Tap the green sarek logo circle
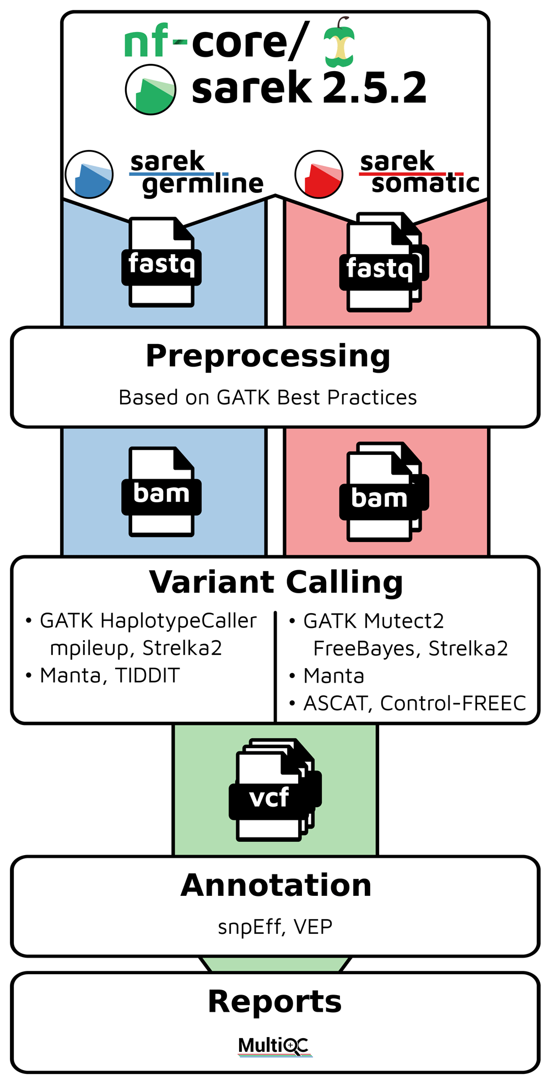tap(150, 89)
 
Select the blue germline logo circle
tap(89, 174)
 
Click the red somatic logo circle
tap(319, 174)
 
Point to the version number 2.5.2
tap(375, 88)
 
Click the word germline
tap(203, 184)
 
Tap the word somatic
tap(425, 183)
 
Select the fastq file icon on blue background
tap(161, 262)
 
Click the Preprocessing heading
tap(268, 356)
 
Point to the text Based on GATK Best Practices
tap(268, 398)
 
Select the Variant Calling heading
tap(276, 582)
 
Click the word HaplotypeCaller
tap(179, 621)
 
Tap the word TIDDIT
tap(148, 675)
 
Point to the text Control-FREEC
tap(453, 703)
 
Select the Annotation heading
tap(276, 885)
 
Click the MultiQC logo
tap(274, 1046)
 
